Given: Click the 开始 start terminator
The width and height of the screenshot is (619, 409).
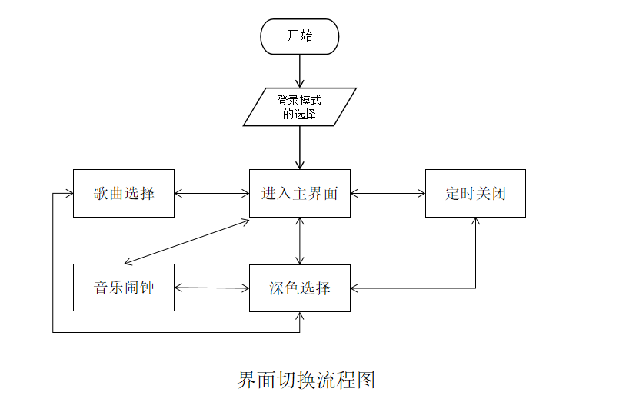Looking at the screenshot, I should (300, 36).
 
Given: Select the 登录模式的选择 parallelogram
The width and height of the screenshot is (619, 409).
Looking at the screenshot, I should (300, 107).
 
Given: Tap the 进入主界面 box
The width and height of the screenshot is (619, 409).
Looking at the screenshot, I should (300, 193).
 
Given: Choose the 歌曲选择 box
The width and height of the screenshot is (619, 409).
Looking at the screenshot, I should (124, 193).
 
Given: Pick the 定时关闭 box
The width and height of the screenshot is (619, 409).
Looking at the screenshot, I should (475, 193).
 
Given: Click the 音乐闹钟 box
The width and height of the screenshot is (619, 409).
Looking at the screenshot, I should (124, 288).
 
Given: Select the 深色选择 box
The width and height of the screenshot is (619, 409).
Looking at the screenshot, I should (300, 288).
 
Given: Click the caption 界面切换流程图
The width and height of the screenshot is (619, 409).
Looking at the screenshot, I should (306, 380).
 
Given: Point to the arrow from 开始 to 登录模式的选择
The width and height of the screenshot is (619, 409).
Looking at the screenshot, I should (300, 71).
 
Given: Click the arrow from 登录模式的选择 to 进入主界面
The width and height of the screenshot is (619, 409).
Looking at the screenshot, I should (300, 147).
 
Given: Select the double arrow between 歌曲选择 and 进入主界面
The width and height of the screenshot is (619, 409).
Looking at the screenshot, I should (211, 193).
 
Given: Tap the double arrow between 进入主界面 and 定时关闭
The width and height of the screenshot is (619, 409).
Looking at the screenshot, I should (388, 193).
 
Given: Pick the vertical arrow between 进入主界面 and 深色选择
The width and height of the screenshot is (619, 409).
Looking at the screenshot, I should (300, 241).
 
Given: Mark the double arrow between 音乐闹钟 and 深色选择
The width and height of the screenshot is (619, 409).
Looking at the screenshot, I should (212, 288).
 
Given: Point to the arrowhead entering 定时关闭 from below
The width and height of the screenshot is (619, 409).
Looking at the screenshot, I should (475, 221).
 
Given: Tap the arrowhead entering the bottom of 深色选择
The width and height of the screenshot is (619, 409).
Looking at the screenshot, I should (300, 316).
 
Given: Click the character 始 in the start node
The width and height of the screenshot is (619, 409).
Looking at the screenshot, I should (307, 36).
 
